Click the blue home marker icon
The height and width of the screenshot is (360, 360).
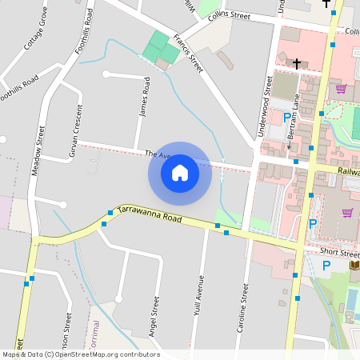coord(179,173)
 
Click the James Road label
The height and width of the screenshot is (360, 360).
coord(145,97)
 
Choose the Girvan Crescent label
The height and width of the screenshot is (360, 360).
coord(76,129)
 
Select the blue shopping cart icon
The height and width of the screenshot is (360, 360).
coord(341,88)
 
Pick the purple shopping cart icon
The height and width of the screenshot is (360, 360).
coord(347,212)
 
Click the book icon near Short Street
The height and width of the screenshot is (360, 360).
coord(354,265)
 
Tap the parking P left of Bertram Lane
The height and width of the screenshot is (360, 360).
coord(287,117)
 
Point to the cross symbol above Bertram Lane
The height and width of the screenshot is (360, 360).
coord(296,63)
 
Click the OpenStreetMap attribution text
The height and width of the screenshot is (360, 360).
coord(81,354)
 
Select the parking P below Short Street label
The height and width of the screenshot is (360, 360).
coord(326,266)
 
